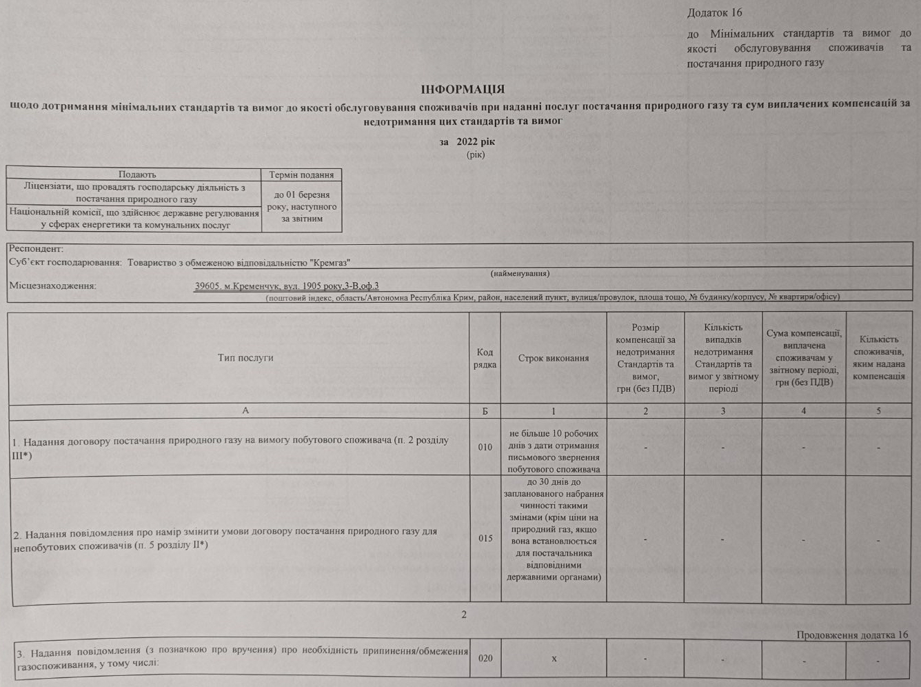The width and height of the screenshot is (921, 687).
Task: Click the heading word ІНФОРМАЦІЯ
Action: click(463, 90)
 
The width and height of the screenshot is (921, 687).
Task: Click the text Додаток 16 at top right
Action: click(714, 13)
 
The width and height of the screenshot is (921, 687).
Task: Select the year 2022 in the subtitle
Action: click(467, 142)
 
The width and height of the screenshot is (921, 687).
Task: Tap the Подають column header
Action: click(136, 175)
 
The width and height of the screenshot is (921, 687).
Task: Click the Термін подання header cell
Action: click(301, 175)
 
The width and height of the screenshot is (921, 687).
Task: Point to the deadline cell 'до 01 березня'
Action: click(301, 195)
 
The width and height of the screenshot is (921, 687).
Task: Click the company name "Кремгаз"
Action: click(330, 263)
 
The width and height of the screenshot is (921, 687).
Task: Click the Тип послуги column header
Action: click(245, 358)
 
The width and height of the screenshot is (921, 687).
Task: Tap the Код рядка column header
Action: click(485, 359)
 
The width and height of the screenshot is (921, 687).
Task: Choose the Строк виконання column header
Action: click(553, 359)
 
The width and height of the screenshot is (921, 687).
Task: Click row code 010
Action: click(485, 447)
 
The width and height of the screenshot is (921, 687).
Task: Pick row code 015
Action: click(485, 538)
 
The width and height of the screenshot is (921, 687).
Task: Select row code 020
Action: click(485, 658)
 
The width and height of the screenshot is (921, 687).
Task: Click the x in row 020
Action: click(554, 659)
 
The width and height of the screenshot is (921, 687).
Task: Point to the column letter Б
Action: click(485, 411)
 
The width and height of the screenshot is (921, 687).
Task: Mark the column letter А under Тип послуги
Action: click(245, 410)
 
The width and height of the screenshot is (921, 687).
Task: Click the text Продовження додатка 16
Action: click(852, 635)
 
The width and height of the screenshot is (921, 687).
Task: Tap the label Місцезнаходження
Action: click(52, 286)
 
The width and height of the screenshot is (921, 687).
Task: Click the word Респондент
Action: click(36, 249)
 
